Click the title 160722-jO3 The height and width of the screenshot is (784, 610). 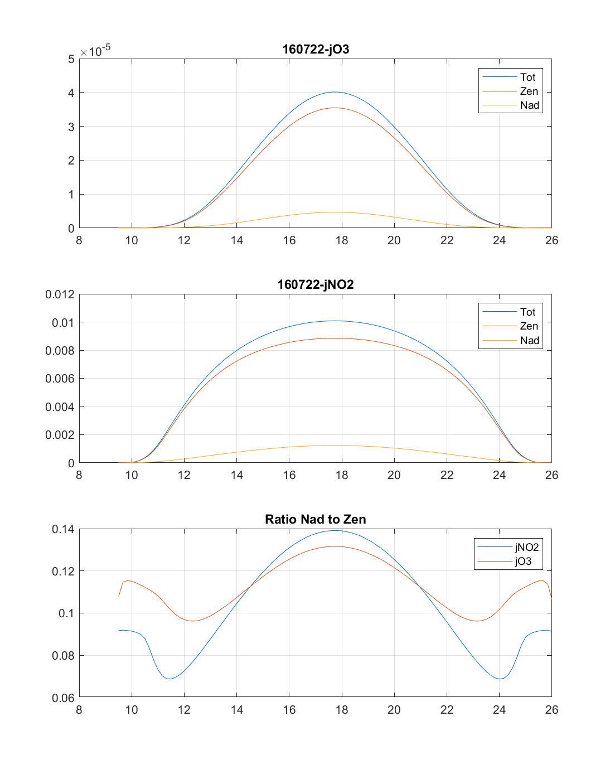[316, 49]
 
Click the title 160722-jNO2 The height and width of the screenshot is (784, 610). [316, 284]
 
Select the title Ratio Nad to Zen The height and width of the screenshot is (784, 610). [316, 519]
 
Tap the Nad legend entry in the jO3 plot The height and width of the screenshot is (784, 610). [529, 105]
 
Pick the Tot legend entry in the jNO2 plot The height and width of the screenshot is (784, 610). [527, 312]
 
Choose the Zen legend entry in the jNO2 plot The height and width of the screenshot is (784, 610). [529, 326]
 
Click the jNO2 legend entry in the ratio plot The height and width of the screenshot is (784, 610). [526, 548]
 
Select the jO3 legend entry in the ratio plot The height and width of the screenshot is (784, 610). [523, 562]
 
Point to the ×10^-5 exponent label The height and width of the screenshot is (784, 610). [95, 51]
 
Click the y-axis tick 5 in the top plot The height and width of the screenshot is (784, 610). [71, 59]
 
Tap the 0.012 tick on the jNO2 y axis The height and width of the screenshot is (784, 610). [60, 294]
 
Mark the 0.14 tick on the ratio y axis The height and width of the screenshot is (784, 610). [62, 529]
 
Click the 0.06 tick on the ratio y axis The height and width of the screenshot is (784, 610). [62, 698]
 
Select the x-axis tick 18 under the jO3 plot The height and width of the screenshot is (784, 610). [342, 240]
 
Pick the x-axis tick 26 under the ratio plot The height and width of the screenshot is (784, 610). [551, 710]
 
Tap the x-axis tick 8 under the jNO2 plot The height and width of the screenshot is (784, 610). [79, 475]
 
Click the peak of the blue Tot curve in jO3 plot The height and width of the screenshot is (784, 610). [335, 92]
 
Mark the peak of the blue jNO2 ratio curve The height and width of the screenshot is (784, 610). [336, 530]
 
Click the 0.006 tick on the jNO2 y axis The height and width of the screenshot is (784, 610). [60, 379]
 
